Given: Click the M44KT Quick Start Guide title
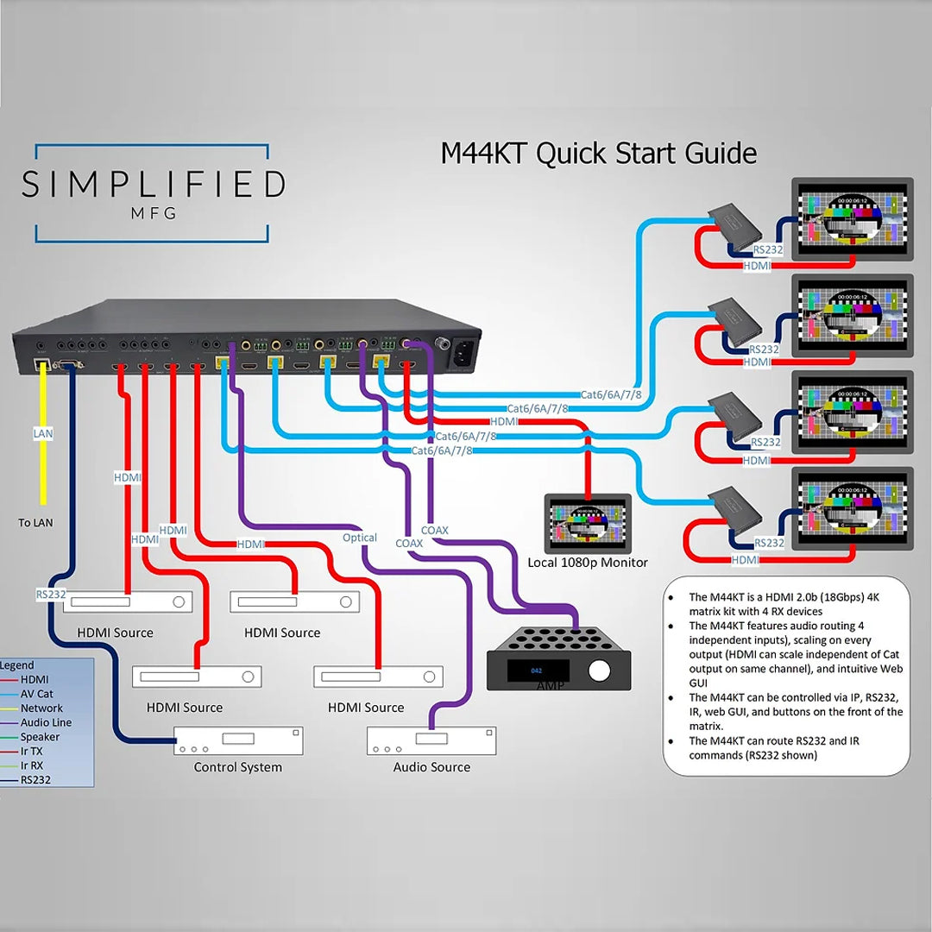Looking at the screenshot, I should click(598, 154).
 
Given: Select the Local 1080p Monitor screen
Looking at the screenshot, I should click(588, 523).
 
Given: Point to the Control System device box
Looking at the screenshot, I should click(238, 740).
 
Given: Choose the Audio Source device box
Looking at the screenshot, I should click(431, 740).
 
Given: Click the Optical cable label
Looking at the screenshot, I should click(360, 538).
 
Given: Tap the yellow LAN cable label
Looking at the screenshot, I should click(42, 433).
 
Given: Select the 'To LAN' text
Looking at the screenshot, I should click(35, 523).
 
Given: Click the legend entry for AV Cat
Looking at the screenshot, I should click(36, 694).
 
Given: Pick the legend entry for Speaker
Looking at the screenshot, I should click(40, 737).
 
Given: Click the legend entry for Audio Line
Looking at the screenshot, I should click(46, 722).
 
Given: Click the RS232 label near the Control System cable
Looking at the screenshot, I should click(51, 594).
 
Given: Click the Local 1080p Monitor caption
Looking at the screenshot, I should click(588, 563).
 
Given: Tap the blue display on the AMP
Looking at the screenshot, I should click(536, 670).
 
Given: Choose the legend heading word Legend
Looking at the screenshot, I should click(17, 665).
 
